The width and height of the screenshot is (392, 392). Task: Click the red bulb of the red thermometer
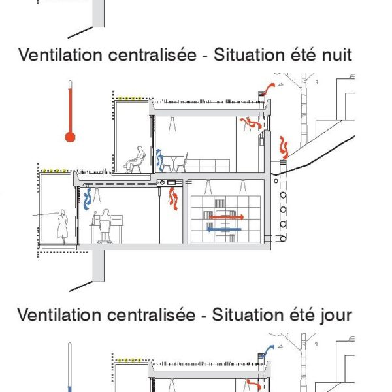(70, 137)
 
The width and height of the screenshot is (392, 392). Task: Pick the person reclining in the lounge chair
(135, 160)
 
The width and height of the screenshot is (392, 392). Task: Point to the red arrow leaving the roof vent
(268, 89)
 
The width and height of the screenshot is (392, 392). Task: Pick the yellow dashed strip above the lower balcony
(54, 171)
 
